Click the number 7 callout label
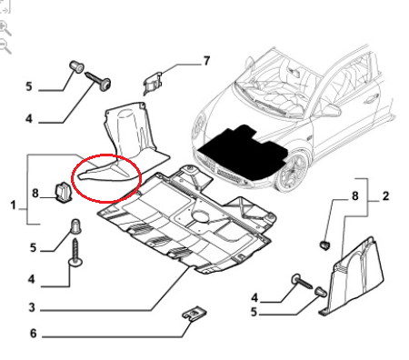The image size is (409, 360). click(206, 61)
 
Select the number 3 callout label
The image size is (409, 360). click(32, 307)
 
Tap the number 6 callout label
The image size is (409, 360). click(34, 334)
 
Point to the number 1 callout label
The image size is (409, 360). click(13, 205)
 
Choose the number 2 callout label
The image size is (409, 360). click(385, 196)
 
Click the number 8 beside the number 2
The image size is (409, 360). click(355, 196)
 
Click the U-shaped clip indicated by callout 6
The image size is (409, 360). click(195, 312)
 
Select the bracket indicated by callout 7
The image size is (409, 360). click(153, 83)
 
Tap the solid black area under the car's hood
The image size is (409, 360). click(243, 152)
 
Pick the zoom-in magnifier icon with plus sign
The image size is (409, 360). click(5, 28)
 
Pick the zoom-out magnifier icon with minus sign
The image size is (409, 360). click(5, 47)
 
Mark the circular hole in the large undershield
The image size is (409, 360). click(200, 216)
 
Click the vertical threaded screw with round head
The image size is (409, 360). click(75, 253)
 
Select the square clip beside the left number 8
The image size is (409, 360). click(63, 192)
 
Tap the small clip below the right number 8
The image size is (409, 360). click(325, 245)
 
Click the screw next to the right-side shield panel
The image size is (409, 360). click(302, 281)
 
